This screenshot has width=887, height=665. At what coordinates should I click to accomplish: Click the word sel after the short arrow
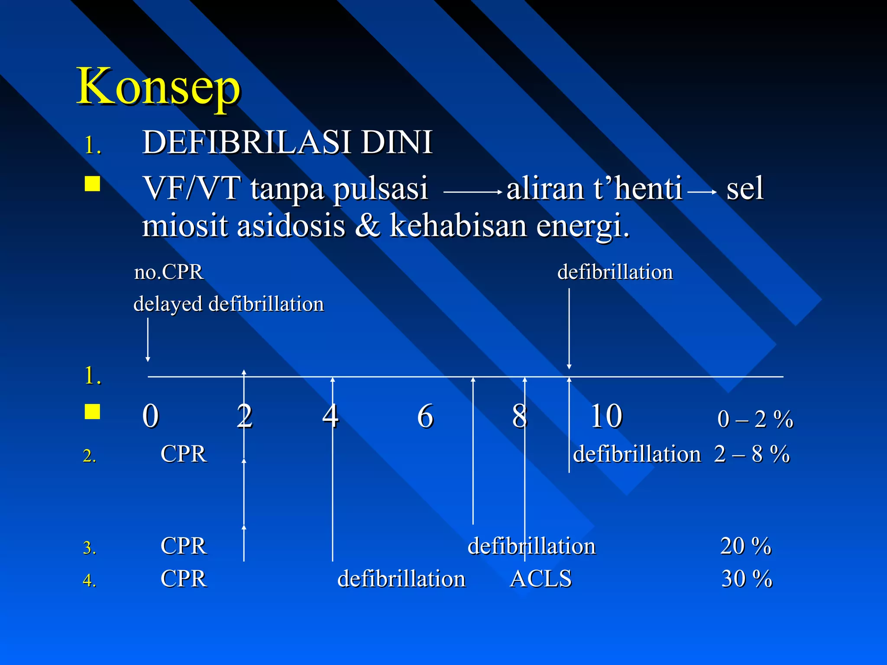[745, 189]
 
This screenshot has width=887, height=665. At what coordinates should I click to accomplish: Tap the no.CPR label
[168, 272]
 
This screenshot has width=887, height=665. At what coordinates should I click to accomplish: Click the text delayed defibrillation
[228, 303]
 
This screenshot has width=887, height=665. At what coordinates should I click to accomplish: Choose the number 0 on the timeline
[151, 416]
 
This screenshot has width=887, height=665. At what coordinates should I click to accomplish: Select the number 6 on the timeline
[425, 416]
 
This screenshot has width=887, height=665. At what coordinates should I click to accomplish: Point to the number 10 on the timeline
[606, 416]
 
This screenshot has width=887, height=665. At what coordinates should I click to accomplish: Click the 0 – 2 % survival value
[755, 419]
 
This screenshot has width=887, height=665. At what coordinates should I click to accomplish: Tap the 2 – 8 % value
[752, 454]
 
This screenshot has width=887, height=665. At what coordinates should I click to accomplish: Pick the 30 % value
[746, 578]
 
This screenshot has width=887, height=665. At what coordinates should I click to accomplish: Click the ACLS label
[541, 578]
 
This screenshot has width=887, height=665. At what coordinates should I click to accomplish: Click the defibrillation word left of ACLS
[401, 578]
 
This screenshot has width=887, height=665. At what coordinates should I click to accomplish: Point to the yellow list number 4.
[89, 581]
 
